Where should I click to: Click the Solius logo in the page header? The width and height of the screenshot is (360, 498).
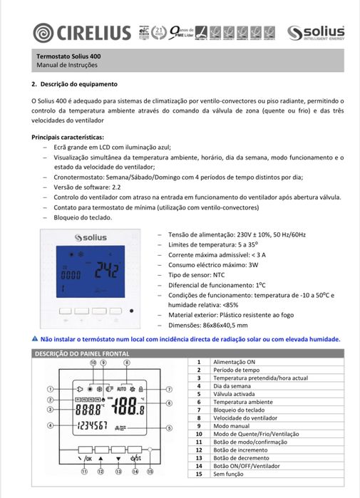point(315,33)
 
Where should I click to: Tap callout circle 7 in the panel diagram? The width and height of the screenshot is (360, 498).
point(170,390)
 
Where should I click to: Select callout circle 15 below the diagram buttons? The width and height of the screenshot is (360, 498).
point(150,471)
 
